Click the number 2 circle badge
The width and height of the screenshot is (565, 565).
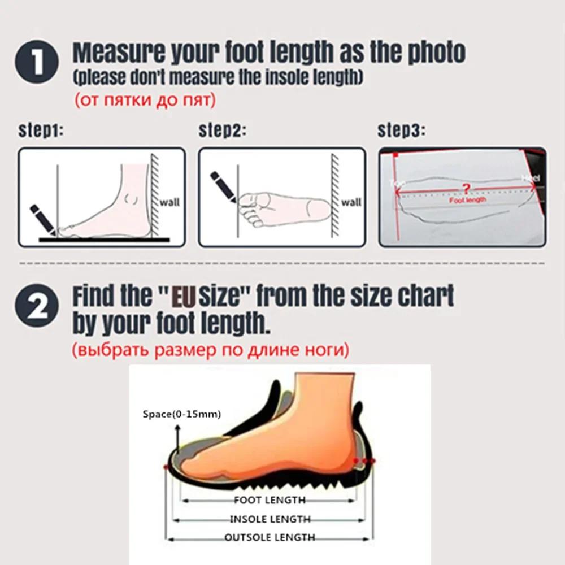click(x=37, y=308)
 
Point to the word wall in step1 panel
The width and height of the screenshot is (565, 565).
click(x=169, y=202)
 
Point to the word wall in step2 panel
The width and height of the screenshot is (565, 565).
click(x=351, y=202)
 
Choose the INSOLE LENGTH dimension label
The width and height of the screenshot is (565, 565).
click(x=270, y=519)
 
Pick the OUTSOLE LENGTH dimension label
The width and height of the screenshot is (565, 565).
click(x=270, y=537)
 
